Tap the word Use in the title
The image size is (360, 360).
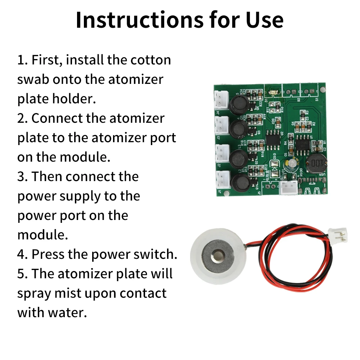coord(265,20)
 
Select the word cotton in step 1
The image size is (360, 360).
coord(150,60)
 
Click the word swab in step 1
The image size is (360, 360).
coord(33,80)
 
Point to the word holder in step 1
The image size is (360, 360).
coord(74,99)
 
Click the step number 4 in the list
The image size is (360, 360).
coord(22,255)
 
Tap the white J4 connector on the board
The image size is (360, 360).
coord(221,100)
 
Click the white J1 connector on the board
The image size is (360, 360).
coord(223,180)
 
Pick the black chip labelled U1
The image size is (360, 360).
coord(303,145)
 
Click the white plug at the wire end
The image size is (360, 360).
coord(338,235)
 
